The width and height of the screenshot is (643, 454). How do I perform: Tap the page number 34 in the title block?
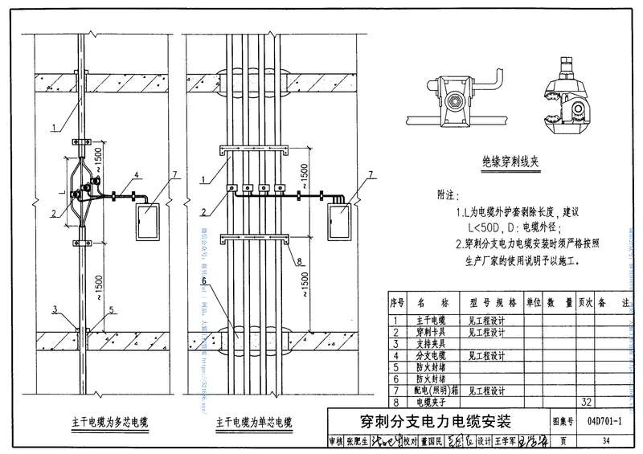(605, 441)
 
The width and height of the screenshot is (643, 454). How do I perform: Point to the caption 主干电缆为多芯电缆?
(112, 421)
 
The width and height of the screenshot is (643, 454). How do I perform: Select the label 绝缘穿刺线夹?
(507, 162)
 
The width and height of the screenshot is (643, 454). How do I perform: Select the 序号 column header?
(395, 303)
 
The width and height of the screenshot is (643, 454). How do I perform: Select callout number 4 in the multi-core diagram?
(137, 174)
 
